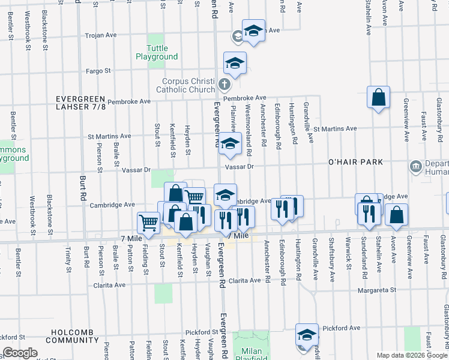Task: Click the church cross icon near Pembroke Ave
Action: coord(224,84)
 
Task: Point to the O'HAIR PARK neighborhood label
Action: coord(355,163)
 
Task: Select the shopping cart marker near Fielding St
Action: coord(148,223)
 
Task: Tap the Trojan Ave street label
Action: coord(101,35)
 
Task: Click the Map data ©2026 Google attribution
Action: coord(412,355)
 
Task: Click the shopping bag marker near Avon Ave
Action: coord(396,215)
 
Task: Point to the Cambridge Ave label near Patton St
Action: coord(112,205)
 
